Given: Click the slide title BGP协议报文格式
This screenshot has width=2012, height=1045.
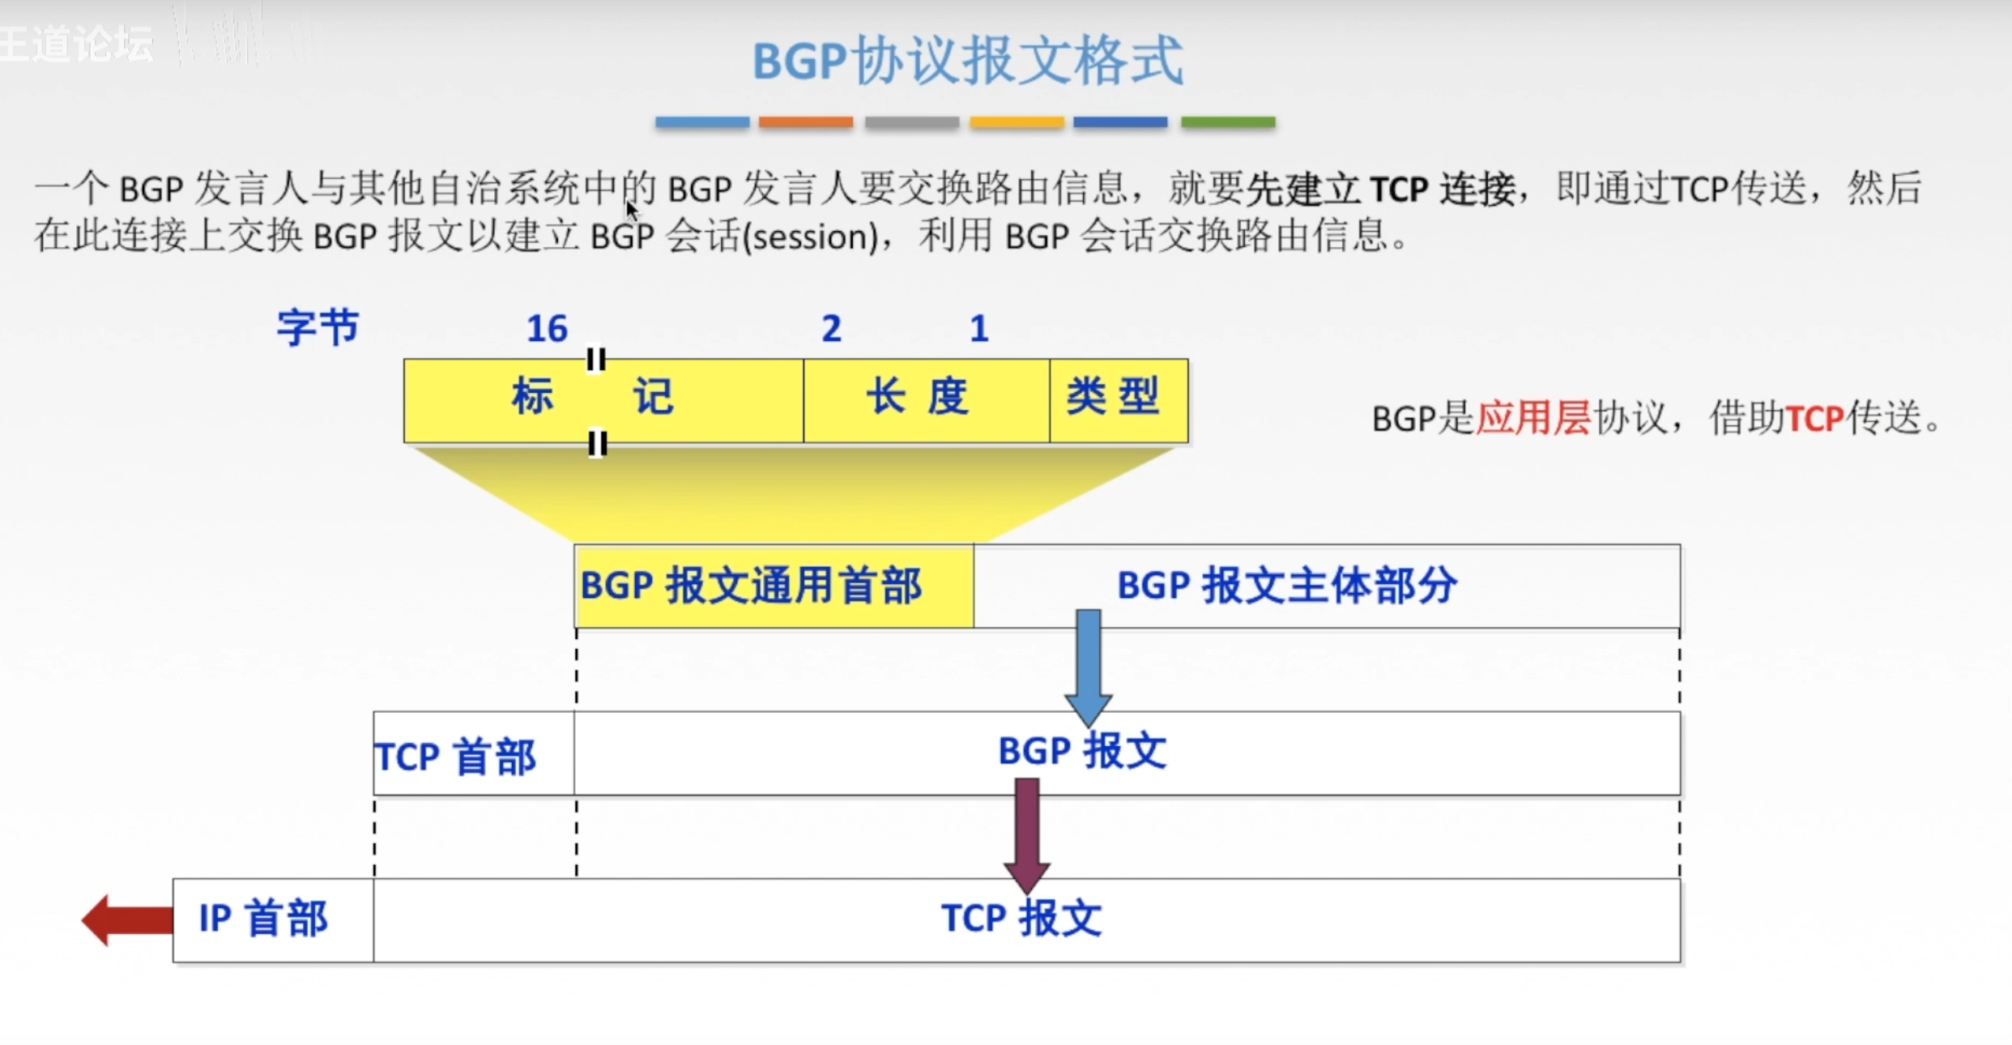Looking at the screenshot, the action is (x=968, y=61).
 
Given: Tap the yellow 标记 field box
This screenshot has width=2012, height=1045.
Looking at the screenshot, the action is (x=603, y=400).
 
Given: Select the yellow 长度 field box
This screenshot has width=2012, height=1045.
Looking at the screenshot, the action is (x=925, y=400).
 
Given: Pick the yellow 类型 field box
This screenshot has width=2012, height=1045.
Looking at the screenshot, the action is (x=1118, y=400).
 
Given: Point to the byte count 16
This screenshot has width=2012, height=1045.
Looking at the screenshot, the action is (x=547, y=329).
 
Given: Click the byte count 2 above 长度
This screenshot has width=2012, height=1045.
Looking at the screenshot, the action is (x=831, y=329).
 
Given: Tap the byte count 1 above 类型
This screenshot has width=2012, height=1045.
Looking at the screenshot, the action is (x=978, y=329).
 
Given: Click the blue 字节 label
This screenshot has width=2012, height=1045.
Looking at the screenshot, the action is (x=318, y=328).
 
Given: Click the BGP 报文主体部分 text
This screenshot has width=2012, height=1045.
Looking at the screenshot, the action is (x=1286, y=586).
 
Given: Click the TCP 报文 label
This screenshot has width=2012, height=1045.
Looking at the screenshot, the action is (x=1021, y=919).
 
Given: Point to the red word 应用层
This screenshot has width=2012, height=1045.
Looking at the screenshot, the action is (x=1533, y=419).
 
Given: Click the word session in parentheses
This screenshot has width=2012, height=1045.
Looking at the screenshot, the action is (x=810, y=237).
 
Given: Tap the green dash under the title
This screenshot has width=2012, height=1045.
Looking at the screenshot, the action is (x=1228, y=122).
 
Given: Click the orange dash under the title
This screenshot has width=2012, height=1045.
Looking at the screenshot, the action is (x=805, y=122).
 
